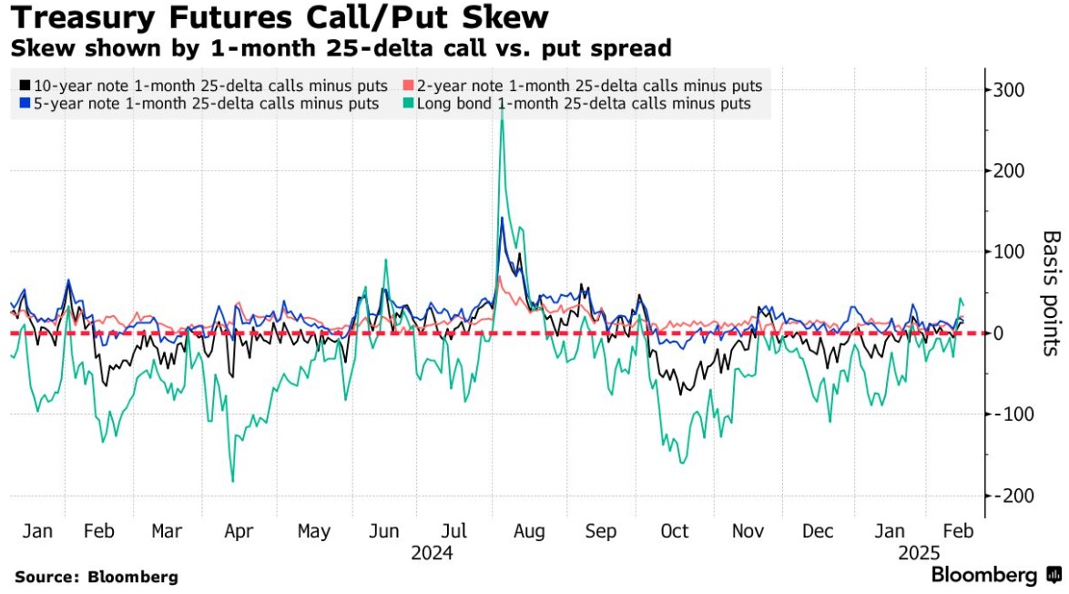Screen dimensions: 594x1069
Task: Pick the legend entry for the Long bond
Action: coord(584,104)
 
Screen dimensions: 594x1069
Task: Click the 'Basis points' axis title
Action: coord(1051,292)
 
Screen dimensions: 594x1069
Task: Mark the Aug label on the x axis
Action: coord(529,531)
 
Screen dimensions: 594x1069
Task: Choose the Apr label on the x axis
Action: coord(239,531)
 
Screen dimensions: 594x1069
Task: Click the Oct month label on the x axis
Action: coord(675,531)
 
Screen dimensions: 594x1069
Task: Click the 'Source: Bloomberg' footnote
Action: coord(97,577)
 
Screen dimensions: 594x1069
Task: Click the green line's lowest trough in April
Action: coord(233,481)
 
